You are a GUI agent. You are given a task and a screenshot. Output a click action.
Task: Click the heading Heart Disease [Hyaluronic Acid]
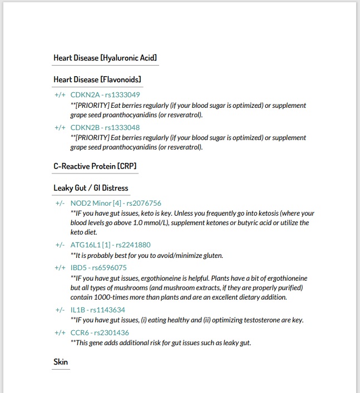[105, 58]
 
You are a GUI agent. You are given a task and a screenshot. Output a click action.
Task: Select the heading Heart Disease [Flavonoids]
[97, 79]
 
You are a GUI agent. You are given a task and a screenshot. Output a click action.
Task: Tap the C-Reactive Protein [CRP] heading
[95, 166]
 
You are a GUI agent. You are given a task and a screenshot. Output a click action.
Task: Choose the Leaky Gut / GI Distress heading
[91, 188]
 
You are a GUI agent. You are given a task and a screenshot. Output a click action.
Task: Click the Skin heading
[61, 362]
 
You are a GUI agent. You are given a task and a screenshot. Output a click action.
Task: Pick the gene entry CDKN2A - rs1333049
[105, 95]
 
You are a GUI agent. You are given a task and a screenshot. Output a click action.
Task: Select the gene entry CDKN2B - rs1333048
[105, 127]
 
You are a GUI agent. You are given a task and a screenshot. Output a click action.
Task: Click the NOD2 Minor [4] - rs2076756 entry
[116, 203]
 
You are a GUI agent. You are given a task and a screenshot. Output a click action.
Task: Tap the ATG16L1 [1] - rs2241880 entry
[110, 245]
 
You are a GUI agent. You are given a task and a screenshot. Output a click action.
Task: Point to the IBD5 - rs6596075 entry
[98, 268]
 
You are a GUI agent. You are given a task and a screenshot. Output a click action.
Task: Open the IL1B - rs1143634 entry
[97, 310]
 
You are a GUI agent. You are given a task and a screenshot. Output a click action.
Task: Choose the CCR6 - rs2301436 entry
[100, 333]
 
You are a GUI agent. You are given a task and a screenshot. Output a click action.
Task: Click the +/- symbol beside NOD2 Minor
[60, 203]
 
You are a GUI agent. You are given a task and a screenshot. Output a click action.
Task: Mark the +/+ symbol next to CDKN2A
[60, 95]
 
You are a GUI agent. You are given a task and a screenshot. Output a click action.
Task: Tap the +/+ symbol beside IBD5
[60, 268]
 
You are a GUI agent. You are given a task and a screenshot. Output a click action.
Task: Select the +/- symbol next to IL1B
[60, 310]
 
